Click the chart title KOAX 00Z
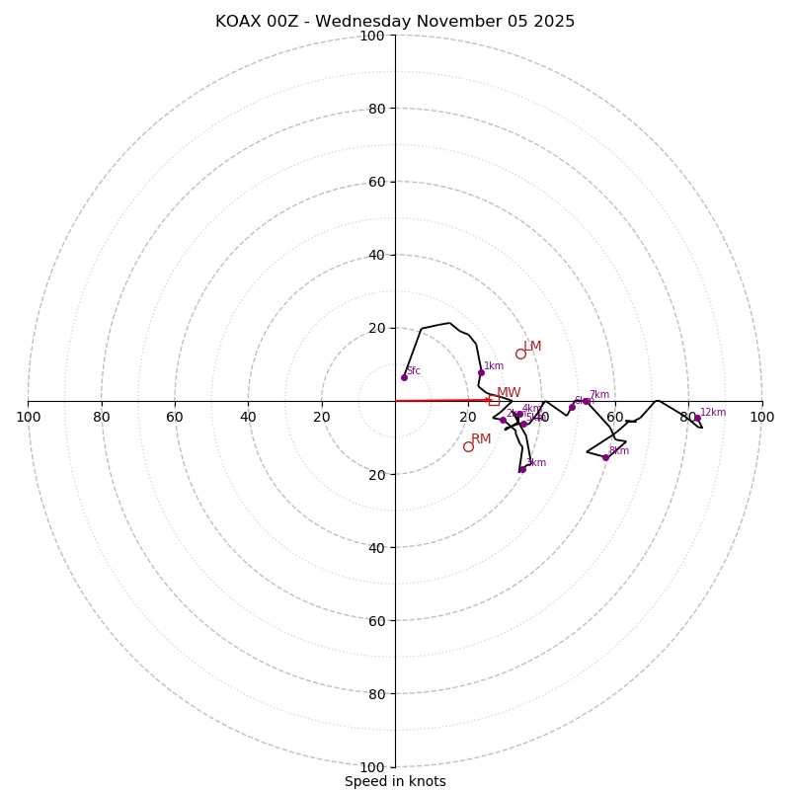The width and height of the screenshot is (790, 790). tap(395, 22)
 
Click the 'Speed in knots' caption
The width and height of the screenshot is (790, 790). tap(395, 781)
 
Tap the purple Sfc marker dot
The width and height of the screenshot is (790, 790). tap(404, 377)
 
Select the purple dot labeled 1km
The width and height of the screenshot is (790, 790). tap(481, 372)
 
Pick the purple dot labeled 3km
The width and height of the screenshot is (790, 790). tap(522, 469)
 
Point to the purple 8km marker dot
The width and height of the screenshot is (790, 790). tap(605, 457)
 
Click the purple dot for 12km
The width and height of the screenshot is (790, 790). tap(697, 418)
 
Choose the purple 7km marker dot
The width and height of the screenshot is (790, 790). tap(586, 401)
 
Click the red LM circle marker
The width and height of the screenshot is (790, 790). tap(520, 354)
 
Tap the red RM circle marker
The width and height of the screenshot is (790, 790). tap(468, 446)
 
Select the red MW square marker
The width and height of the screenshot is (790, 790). tap(494, 400)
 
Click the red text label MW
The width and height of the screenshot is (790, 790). tap(509, 393)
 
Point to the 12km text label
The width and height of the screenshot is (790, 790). tap(713, 413)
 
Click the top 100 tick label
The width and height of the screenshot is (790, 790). tap(372, 36)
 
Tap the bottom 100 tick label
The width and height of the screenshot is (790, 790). tap(372, 767)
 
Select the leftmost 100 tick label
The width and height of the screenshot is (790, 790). tap(28, 417)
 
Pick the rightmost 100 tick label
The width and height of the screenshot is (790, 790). tap(762, 417)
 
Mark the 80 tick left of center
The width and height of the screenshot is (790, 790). tap(102, 417)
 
